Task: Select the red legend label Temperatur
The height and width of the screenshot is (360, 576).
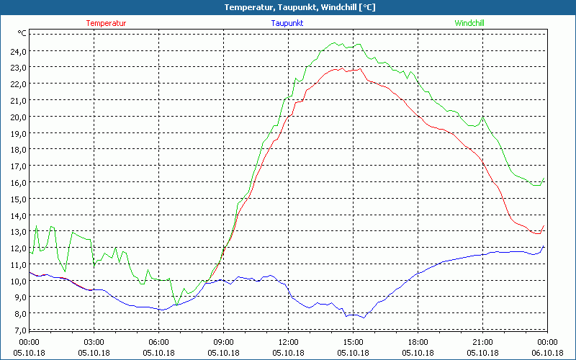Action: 106,23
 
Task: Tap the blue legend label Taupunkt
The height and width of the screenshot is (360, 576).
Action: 287,23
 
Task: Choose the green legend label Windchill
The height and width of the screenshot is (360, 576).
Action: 469,23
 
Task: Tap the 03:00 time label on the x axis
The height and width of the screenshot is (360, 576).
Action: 94,341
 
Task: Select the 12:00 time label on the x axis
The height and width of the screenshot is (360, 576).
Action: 288,341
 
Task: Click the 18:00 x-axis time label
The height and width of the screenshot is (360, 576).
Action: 418,341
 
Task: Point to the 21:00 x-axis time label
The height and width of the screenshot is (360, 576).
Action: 482,341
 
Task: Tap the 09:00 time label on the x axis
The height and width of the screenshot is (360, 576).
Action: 223,341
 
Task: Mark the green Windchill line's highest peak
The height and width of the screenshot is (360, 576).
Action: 336,43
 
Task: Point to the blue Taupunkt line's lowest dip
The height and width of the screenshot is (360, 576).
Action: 364,318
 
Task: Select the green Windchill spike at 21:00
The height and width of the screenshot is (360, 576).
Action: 483,117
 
